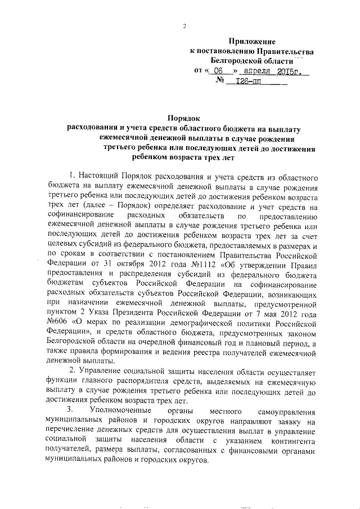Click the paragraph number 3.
click(x=70, y=411)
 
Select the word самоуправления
click(x=286, y=411)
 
